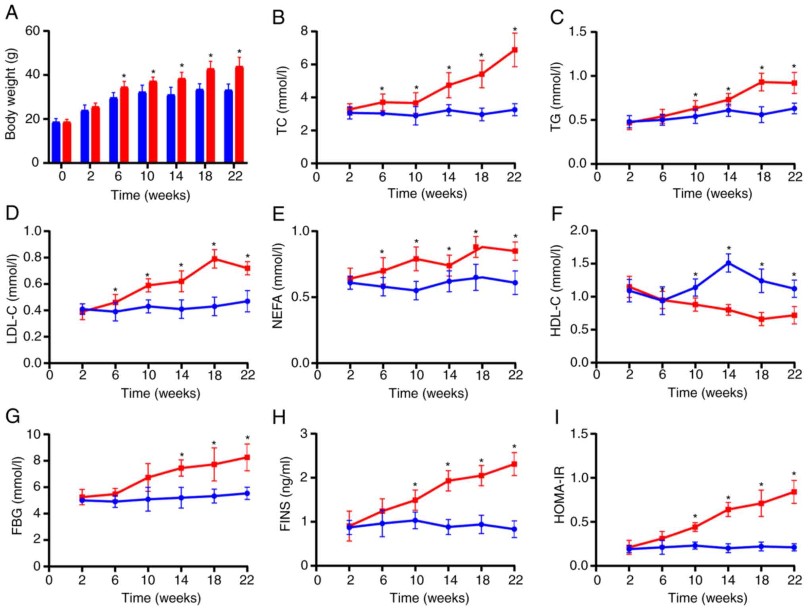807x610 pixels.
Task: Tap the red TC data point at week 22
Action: click(515, 50)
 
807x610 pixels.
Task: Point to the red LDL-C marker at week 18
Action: click(214, 259)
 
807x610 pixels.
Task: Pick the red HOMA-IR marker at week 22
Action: click(794, 492)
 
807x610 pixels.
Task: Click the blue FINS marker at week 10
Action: click(415, 520)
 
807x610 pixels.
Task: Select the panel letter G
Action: click(13, 417)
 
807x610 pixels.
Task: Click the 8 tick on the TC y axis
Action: click(305, 31)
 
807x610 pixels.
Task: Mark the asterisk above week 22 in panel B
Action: click(515, 29)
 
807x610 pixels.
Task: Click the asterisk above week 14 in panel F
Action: click(729, 249)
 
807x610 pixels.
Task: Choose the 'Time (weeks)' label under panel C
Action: click(712, 194)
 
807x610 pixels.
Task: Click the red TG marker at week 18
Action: click(762, 82)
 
